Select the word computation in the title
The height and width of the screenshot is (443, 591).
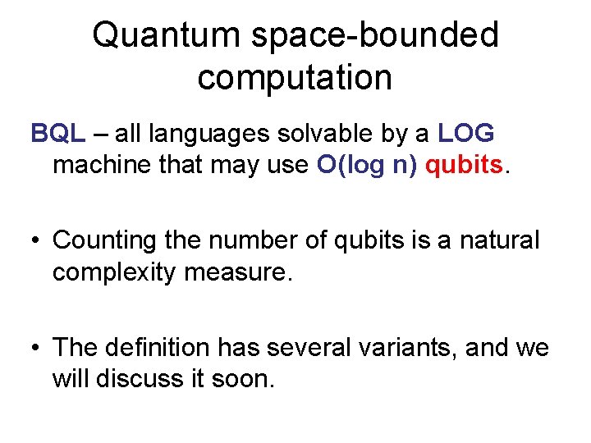coord(295,78)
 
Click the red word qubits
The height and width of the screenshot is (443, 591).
coord(465,165)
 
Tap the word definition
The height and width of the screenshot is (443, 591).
coord(156,349)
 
